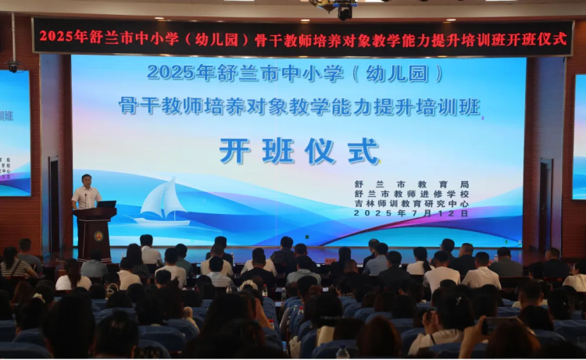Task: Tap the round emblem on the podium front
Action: [x=98, y=236]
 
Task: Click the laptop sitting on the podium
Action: [x=106, y=205]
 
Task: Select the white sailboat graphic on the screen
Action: [x=163, y=201]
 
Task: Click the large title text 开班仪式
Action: [x=299, y=151]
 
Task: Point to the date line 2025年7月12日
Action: [x=411, y=213]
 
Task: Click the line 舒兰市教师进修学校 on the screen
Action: [x=412, y=194]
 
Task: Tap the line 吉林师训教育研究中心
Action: [x=412, y=204]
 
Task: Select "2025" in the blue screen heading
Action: [x=172, y=73]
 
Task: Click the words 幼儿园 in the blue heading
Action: [x=397, y=73]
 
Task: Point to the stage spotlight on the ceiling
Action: [x=345, y=11]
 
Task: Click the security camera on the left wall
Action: [x=13, y=66]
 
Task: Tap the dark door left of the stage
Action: [x=54, y=205]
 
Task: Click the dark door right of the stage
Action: [x=545, y=205]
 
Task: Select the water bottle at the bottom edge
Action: [x=342, y=352]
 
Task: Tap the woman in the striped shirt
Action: [x=15, y=263]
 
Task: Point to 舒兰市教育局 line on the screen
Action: [x=412, y=184]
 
